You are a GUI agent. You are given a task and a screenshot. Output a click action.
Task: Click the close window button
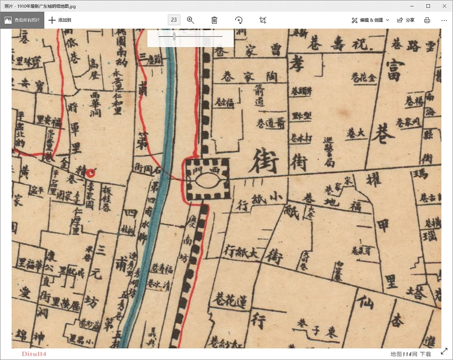pos(444,6)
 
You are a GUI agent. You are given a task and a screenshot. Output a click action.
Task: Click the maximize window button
pos(428,6)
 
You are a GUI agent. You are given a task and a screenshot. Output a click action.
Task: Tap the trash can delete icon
pos(214,20)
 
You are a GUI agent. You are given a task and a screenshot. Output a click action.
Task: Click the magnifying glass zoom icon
pos(191,20)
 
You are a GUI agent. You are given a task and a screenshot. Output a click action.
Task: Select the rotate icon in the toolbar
pos(239,20)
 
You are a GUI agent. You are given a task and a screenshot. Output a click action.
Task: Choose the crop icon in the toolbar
pos(263,20)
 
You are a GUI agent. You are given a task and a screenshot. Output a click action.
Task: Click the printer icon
pos(427,20)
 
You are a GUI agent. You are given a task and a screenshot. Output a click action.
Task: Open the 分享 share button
pos(406,20)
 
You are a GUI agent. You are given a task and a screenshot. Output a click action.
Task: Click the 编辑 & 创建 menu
pos(370,20)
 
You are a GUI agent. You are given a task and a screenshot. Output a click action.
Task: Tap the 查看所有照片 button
pos(22,20)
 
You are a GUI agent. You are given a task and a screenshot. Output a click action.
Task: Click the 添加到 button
pos(60,20)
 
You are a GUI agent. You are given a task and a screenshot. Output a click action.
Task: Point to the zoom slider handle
pos(174,36)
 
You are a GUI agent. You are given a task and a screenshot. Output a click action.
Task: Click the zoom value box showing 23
pos(174,20)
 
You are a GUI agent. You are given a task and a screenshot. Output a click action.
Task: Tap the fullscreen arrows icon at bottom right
pos(444,351)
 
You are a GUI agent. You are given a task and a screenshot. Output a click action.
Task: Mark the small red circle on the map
pos(91,173)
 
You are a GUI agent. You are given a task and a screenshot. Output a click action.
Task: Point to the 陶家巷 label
pos(249,77)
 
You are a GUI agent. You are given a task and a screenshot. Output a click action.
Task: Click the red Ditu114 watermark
pos(34,354)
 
